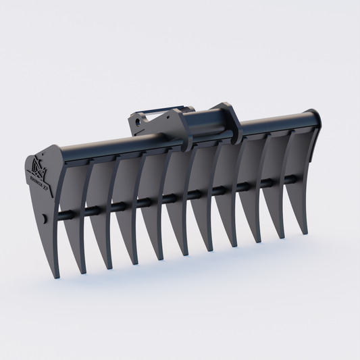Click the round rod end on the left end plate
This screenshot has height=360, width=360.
point(43,218)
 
